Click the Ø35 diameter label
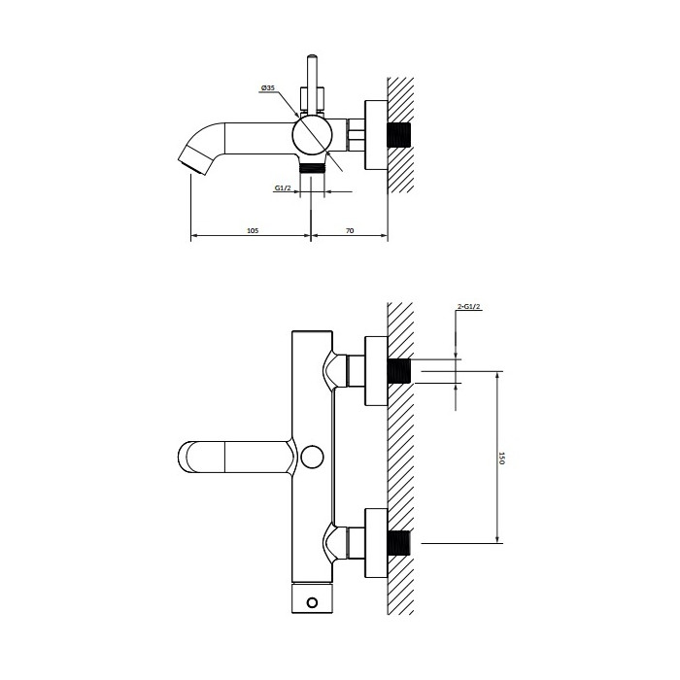tap(267, 88)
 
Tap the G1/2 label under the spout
tap(283, 187)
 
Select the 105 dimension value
tap(253, 230)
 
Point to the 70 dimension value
tap(350, 230)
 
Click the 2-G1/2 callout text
tap(469, 307)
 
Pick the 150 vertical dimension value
tap(502, 458)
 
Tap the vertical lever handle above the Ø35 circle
tap(312, 83)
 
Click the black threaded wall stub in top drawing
tap(399, 135)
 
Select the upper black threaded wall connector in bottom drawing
tap(399, 371)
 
